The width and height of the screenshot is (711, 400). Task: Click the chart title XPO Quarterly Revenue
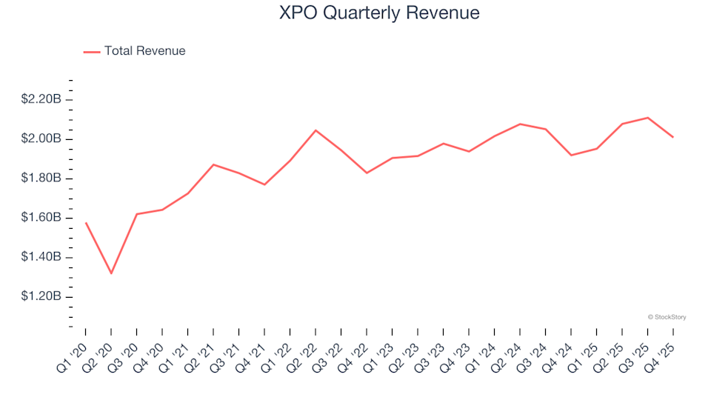pyautogui.click(x=379, y=13)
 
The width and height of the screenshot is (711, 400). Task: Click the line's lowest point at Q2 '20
pyautogui.click(x=111, y=273)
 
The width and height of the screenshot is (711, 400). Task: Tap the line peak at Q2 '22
pyautogui.click(x=316, y=130)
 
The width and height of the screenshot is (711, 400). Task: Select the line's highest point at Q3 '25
pyautogui.click(x=648, y=118)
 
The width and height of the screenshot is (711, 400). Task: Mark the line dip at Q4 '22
pyautogui.click(x=367, y=173)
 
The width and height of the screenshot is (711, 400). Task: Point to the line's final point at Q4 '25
pyautogui.click(x=673, y=137)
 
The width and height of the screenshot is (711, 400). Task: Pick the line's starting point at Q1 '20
pyautogui.click(x=86, y=222)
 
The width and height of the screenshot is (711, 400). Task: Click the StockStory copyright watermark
pyautogui.click(x=667, y=317)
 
